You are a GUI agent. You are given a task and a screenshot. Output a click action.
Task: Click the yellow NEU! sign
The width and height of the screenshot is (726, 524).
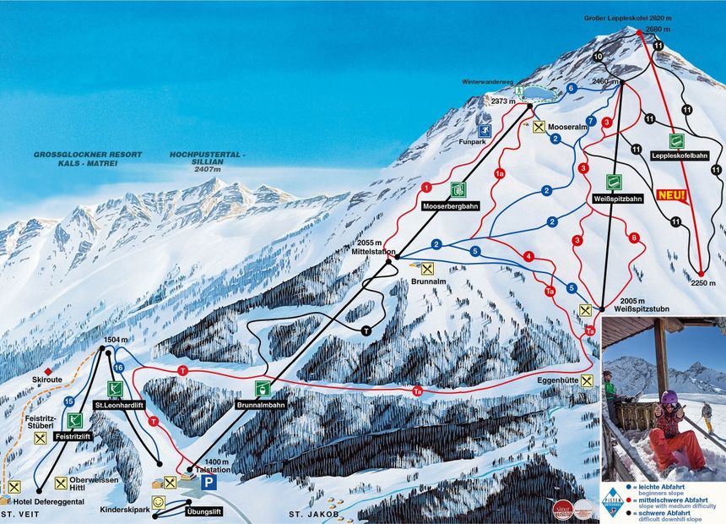(x=673, y=196)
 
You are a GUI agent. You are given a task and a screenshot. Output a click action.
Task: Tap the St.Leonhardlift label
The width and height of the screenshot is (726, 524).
(x=116, y=405)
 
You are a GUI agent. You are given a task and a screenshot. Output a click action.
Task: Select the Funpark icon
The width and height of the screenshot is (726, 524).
(x=485, y=131)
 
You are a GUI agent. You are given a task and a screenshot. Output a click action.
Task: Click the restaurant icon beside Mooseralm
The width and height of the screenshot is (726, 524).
(x=539, y=127)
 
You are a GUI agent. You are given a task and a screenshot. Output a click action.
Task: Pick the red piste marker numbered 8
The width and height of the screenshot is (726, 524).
(x=634, y=237)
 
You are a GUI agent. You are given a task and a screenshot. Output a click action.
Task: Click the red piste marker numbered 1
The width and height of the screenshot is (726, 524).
(x=427, y=186)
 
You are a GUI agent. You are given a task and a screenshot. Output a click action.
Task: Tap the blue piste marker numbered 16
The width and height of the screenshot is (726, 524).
(x=119, y=367)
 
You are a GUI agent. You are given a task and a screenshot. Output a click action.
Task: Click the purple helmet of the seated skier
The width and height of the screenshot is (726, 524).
(x=669, y=397)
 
